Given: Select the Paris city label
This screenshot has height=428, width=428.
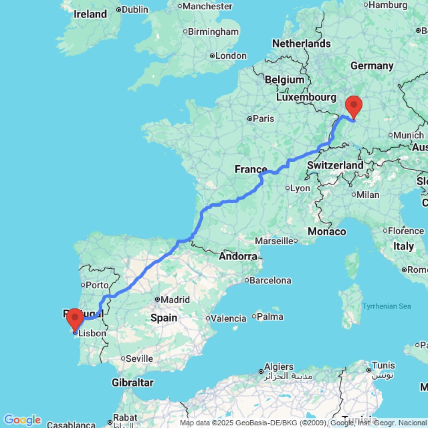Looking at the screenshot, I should tap(263, 119).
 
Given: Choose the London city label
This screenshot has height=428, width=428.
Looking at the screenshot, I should tap(231, 56).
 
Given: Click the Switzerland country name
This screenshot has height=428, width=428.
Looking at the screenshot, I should tap(335, 165).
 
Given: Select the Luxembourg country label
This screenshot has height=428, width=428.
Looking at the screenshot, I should tap(306, 97).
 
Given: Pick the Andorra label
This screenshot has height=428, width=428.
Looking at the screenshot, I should tap(238, 256).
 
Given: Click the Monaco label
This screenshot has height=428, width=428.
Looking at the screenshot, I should tap(327, 232).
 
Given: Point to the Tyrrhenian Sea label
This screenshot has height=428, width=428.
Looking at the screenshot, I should tap(386, 306).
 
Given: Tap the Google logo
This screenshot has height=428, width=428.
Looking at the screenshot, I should tap(22, 420).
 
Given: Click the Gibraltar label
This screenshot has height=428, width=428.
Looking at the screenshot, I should tap(133, 383).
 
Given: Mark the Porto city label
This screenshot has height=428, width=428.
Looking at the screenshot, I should tap(97, 285).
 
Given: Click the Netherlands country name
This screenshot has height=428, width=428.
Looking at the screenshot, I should tap(301, 43).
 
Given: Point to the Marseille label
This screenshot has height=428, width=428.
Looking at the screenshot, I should tap(274, 241).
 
